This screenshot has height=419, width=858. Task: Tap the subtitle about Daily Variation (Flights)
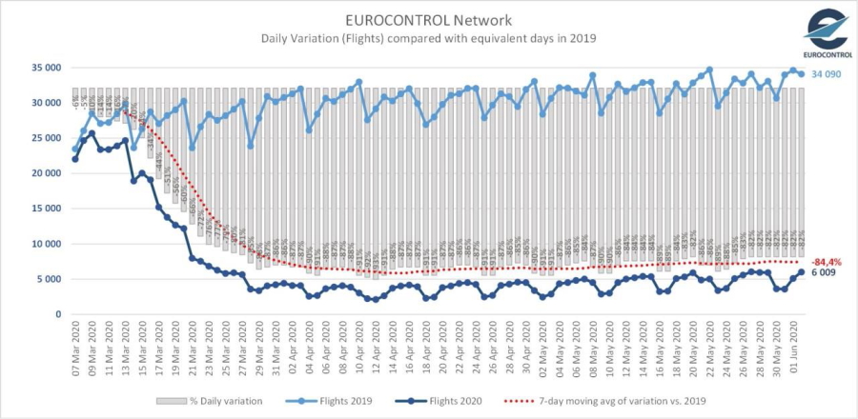(429, 38)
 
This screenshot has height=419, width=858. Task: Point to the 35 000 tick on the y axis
(46, 68)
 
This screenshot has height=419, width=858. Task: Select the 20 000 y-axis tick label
(46, 173)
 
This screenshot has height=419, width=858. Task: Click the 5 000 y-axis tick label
(49, 279)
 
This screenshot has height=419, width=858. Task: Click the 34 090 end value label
(828, 74)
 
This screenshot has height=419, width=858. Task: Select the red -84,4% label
(826, 261)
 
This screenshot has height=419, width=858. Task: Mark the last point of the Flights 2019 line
(801, 74)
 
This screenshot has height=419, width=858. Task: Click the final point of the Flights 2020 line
(801, 272)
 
